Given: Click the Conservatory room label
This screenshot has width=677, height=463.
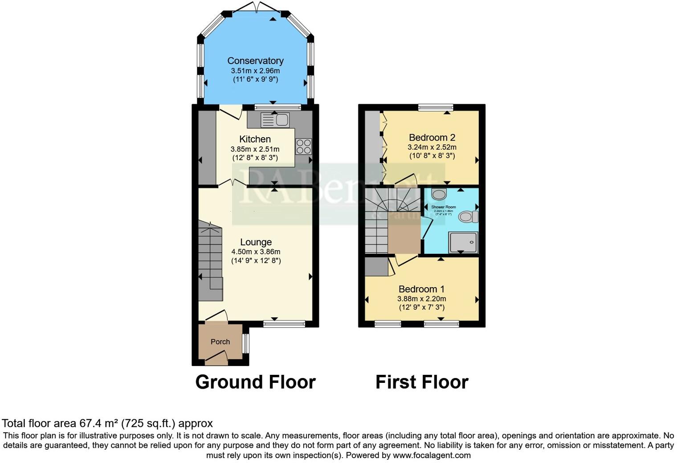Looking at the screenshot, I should [255, 61].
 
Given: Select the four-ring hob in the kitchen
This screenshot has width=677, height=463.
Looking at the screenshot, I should [304, 146].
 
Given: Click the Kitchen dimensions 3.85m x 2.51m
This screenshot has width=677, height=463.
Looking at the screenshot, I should [255, 149].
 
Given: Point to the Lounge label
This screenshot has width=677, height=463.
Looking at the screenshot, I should [256, 242].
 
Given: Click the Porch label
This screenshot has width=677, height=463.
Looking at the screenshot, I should [220, 341].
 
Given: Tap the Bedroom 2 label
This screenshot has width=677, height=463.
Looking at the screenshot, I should [432, 138].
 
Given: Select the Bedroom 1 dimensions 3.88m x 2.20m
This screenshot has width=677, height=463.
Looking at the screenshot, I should [421, 299].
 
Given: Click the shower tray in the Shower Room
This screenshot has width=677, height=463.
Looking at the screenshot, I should [463, 242].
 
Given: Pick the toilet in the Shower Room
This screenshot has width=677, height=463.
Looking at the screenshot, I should [468, 217].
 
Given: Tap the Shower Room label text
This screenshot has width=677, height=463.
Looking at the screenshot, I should [443, 207].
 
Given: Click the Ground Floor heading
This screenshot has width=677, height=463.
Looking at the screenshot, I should [255, 382].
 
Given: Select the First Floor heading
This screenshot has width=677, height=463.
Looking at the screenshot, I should [421, 382].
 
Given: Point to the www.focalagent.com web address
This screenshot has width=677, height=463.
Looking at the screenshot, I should [431, 455].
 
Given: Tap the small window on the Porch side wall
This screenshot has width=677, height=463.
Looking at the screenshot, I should [245, 343].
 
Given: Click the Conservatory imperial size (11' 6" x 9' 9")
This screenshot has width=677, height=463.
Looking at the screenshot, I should [255, 79].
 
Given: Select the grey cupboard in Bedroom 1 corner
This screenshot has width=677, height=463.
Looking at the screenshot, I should [376, 267].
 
